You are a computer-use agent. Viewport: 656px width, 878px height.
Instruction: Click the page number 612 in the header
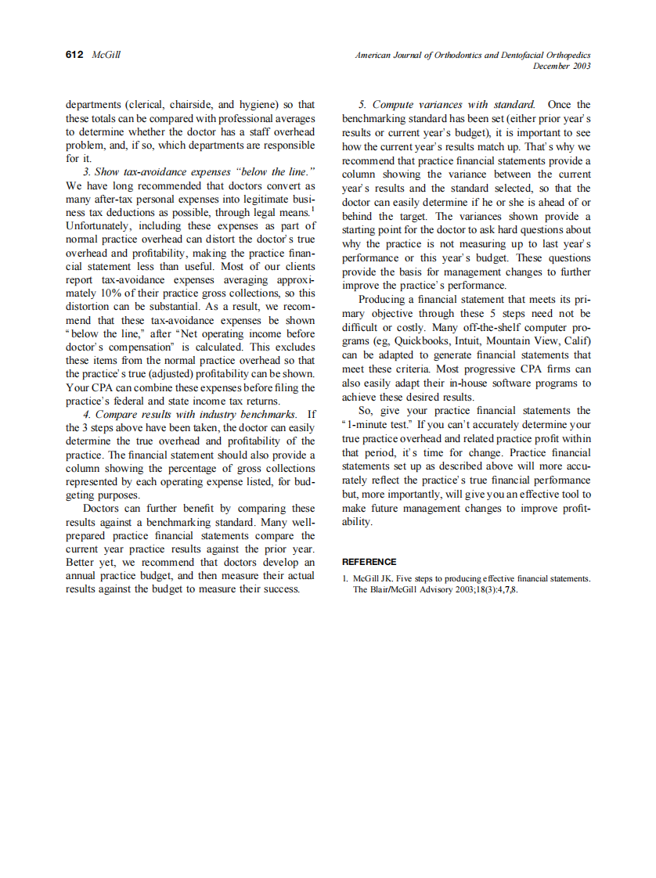pos(74,56)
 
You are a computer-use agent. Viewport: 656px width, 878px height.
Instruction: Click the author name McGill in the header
pos(106,56)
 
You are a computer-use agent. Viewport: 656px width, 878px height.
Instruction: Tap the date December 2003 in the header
pos(561,67)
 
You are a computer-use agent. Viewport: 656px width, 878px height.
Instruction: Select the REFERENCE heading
pos(369,562)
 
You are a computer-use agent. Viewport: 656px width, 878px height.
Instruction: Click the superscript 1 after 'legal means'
pos(313,209)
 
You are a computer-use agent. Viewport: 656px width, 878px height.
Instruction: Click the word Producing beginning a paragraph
pos(385,300)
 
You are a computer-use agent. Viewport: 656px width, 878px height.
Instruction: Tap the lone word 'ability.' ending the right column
pos(357,522)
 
